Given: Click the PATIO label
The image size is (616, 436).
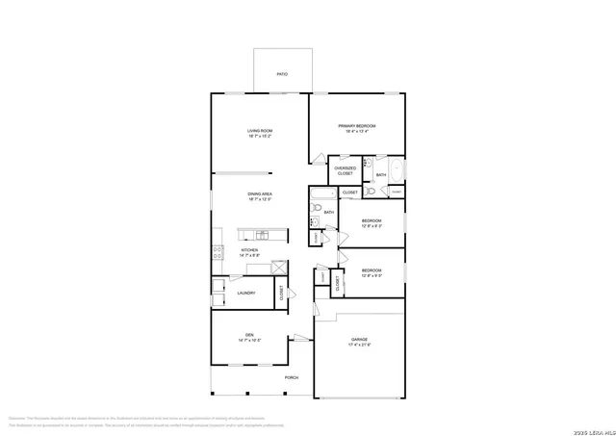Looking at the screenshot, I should coord(282,73).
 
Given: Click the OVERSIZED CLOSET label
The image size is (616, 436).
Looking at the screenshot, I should coord(345,170).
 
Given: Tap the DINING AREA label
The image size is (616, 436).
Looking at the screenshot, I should coord(260,196).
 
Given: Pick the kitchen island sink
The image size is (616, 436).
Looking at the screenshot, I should coord(258,234).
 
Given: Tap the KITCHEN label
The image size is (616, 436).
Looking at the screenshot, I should coord(249,253).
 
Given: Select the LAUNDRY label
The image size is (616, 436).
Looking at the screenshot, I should coord(246,293).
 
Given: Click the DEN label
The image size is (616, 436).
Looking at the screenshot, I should coord(249,337).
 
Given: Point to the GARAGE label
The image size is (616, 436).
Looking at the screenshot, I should coord(360,342).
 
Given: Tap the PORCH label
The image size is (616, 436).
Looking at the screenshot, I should coord(291,377).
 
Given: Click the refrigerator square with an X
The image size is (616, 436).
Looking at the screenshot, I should coord(279,268).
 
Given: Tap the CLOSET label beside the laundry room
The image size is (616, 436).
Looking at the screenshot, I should coord(282,292).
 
